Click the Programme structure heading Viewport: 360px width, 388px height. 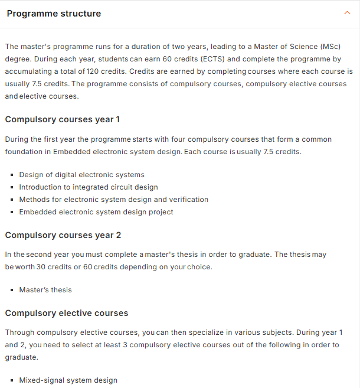(54, 14)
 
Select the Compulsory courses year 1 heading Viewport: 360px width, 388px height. (63, 119)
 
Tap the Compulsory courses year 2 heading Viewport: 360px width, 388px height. (63, 235)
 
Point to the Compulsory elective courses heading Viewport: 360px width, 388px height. (67, 313)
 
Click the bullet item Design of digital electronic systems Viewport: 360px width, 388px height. (81, 175)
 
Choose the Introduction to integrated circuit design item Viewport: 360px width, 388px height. (89, 187)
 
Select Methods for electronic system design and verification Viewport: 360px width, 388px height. (113, 200)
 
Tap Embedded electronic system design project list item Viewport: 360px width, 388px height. (96, 212)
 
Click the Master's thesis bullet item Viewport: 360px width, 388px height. (45, 290)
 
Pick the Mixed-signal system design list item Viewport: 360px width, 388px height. (68, 380)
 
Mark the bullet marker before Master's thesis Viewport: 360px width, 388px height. (12, 290)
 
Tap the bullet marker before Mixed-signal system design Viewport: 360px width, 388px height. (12, 380)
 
